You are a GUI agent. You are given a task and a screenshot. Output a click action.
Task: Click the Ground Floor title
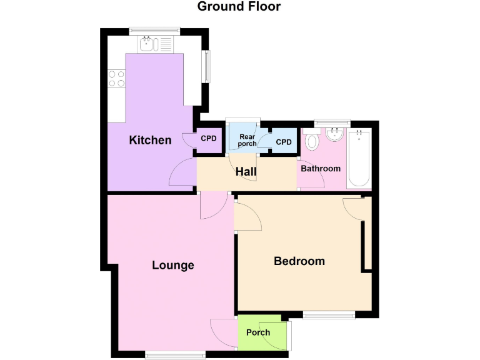point(239,7)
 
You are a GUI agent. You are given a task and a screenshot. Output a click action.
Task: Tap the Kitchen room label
point(150,140)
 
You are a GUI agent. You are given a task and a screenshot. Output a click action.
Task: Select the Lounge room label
point(173,265)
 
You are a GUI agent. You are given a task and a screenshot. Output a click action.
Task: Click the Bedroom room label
point(299,261)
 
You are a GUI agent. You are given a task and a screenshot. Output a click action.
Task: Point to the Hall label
point(246,171)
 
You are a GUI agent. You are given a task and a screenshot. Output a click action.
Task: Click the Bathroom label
point(321,169)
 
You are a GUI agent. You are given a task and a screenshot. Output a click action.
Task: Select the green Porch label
point(258,332)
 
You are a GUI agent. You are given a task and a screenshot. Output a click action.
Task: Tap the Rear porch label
point(247,140)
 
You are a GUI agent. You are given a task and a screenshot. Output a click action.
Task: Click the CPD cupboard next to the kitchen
point(208,139)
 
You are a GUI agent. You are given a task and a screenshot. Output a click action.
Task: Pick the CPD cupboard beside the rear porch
point(284,142)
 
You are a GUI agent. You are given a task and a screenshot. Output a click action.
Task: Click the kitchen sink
point(148,43)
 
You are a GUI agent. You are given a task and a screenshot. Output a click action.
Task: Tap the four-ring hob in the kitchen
point(117,78)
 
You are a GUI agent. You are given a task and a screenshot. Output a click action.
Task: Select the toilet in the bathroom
point(312,141)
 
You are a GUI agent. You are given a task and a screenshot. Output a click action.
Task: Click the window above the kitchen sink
point(154,30)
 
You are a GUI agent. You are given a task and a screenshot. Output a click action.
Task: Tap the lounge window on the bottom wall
point(175,355)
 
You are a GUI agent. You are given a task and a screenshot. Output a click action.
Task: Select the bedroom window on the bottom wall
point(329,315)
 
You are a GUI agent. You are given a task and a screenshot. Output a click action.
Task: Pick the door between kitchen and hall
point(184,172)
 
